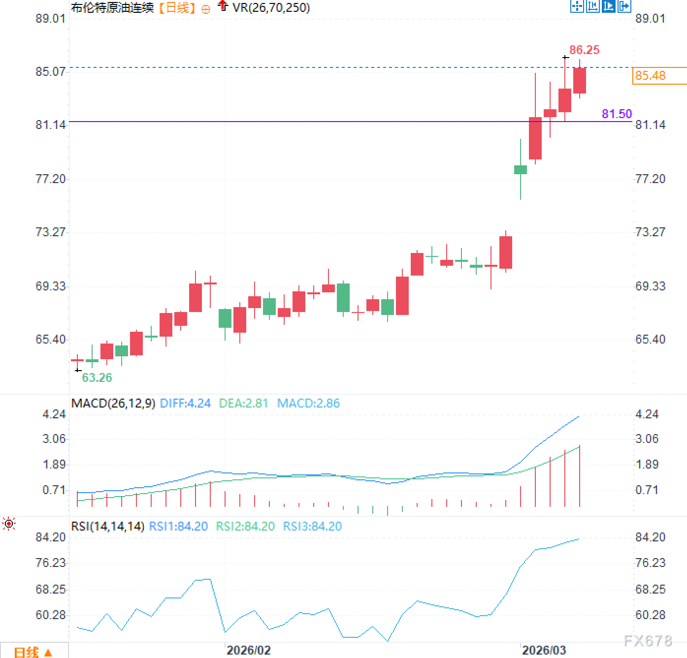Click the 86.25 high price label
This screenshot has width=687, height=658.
(x=584, y=50)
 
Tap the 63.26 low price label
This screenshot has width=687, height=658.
(x=97, y=377)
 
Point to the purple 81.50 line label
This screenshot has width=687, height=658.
(x=617, y=114)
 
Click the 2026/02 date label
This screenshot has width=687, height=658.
(x=248, y=650)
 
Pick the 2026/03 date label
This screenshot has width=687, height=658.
(x=544, y=650)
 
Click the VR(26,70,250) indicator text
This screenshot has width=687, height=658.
(x=271, y=8)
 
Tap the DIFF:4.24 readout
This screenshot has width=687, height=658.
(x=185, y=404)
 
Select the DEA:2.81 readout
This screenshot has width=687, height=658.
(x=243, y=404)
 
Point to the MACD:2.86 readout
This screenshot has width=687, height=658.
(x=308, y=404)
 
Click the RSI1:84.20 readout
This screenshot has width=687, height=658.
(x=178, y=527)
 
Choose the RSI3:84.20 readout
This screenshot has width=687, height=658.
(x=312, y=527)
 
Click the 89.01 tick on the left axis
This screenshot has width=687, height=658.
(x=50, y=19)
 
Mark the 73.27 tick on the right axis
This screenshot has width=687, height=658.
(x=650, y=232)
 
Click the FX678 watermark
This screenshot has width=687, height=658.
(x=648, y=640)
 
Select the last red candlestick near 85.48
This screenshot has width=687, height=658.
(x=579, y=80)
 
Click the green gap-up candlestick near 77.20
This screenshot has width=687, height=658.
(x=521, y=170)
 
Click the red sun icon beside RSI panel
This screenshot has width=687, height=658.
(x=9, y=524)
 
